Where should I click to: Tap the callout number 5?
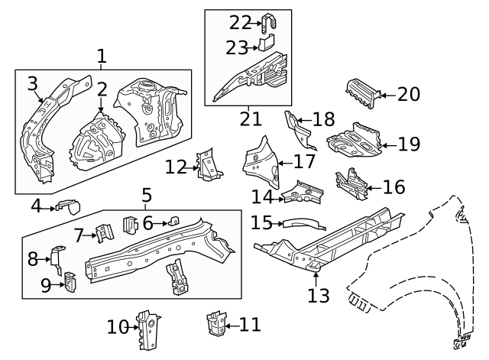pos(146,196)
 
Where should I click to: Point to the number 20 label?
pos(409,94)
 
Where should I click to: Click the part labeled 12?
pos(206,164)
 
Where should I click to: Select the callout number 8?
pos(33,260)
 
